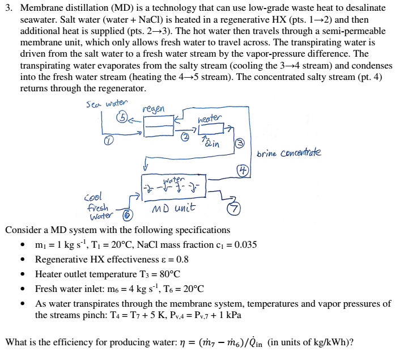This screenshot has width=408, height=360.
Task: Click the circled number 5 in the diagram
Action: coord(122,118)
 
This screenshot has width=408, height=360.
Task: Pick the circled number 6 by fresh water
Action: coord(127,215)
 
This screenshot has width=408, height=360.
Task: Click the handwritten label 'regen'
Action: coord(154,108)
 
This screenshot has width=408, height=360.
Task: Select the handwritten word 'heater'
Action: coord(210,118)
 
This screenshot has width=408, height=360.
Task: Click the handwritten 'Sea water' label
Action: coord(107,104)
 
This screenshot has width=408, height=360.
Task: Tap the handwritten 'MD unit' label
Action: coord(173,208)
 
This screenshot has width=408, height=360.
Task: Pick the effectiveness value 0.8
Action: coord(182,260)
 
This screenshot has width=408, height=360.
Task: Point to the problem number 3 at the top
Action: coord(8,9)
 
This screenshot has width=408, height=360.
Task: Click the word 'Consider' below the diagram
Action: coord(23,230)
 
